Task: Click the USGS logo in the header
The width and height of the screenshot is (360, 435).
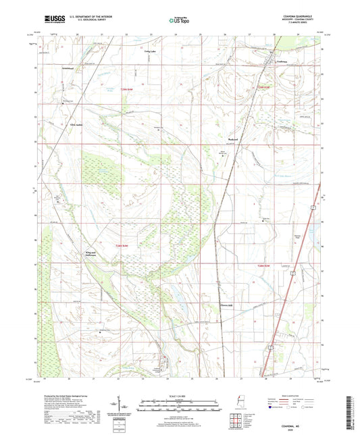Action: click(x=53, y=20)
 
